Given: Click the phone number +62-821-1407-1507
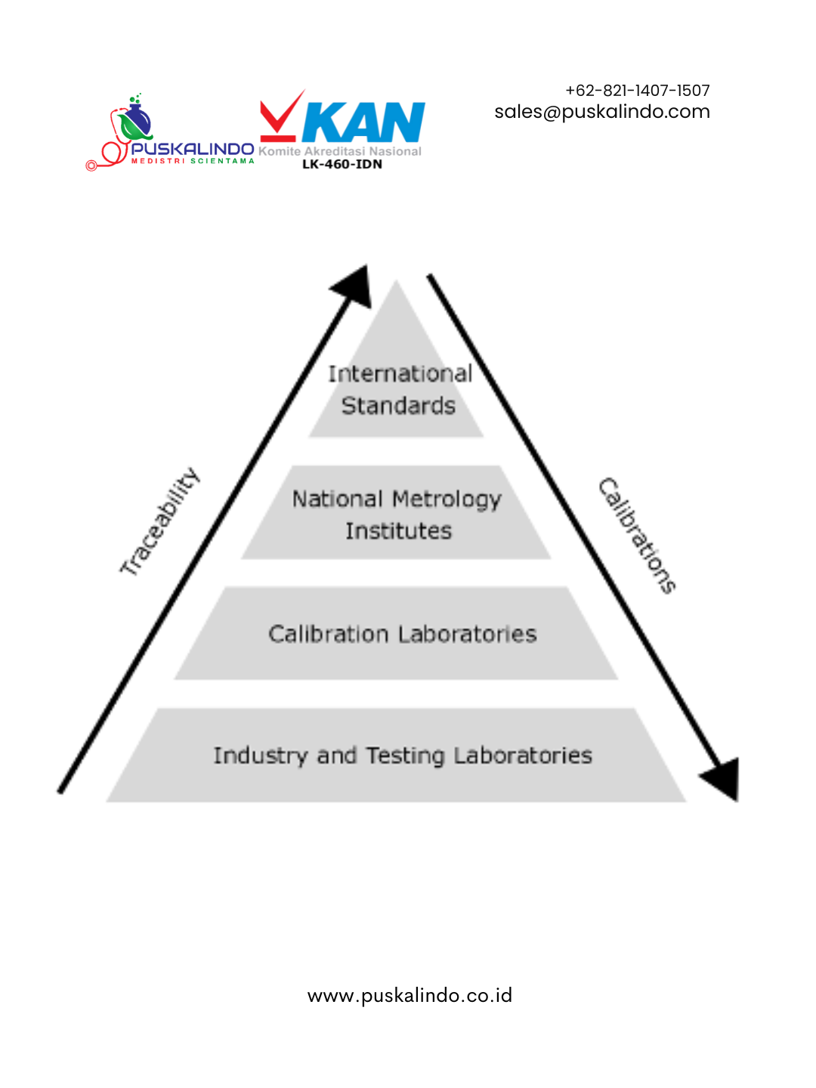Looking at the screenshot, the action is [x=637, y=90].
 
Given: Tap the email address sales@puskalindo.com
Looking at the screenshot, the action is [x=602, y=112].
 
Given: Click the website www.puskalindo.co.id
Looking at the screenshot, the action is [x=410, y=995].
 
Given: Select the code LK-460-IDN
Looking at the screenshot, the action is [x=342, y=164].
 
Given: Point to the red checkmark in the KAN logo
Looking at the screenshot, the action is [x=281, y=116].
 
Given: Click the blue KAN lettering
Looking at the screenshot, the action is [x=363, y=122].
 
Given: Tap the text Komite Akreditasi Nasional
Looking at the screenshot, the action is [x=340, y=151].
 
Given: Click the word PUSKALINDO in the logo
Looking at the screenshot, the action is [x=193, y=149].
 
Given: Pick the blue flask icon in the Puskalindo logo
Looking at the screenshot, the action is [x=136, y=119].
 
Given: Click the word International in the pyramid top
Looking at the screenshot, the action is [x=400, y=374].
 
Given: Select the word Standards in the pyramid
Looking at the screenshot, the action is [x=398, y=406].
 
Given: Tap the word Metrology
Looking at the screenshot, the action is [x=447, y=499].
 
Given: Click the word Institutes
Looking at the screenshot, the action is [x=399, y=531].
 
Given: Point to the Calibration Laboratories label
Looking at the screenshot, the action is [x=402, y=634].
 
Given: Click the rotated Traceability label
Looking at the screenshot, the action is [x=159, y=521].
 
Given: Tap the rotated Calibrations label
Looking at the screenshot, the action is [x=637, y=536].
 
